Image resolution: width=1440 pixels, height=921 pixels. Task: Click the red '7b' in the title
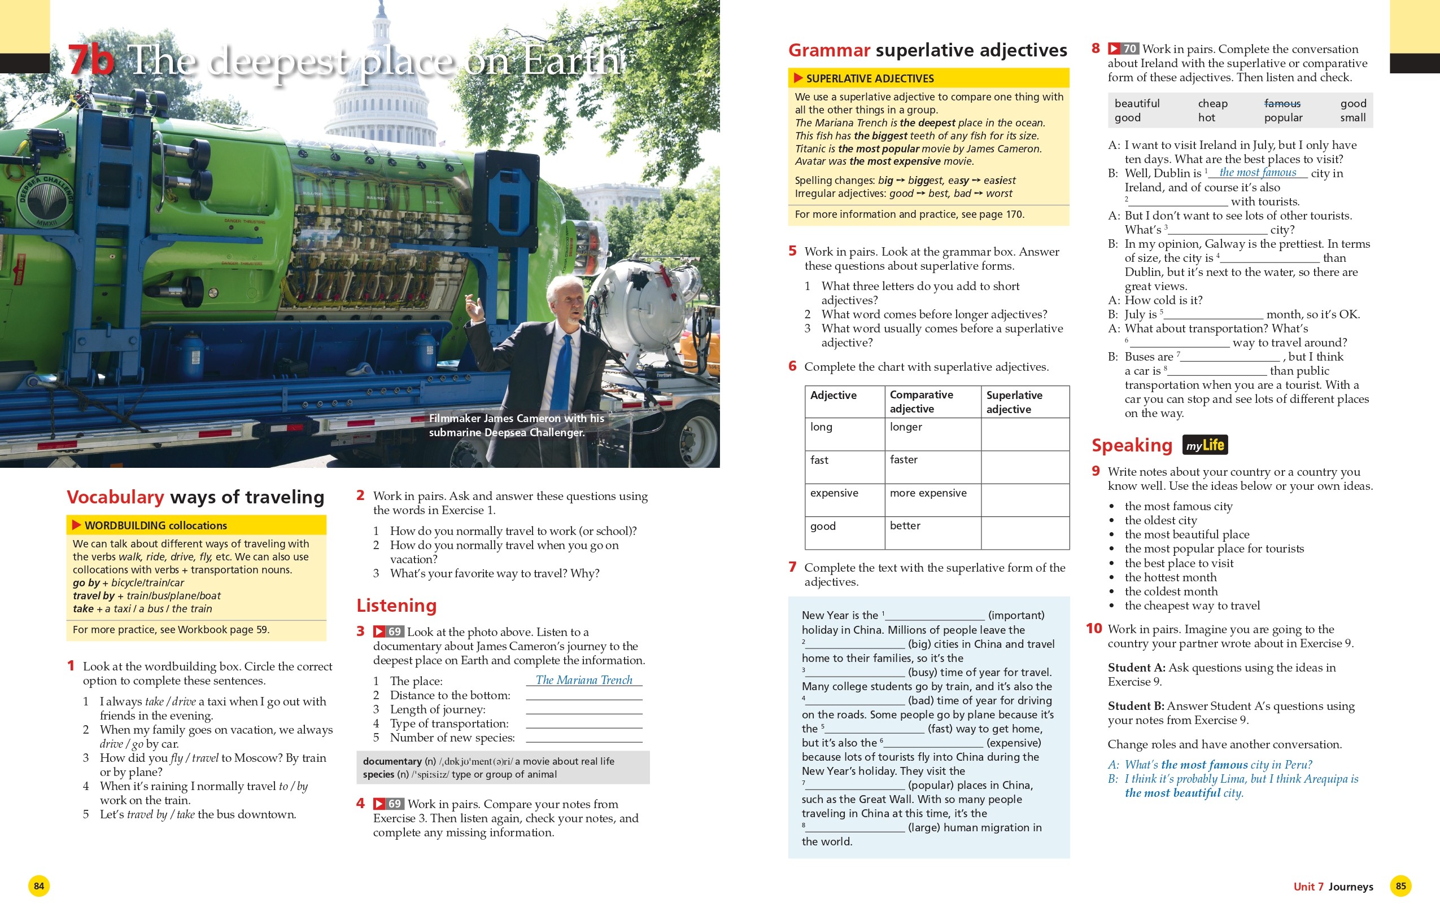(90, 60)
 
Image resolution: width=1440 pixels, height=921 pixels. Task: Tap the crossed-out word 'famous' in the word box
(1282, 103)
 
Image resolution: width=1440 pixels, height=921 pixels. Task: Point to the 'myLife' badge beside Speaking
(1205, 445)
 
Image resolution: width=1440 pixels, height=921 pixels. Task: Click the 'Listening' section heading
(396, 605)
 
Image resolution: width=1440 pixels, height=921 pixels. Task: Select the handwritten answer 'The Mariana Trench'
(584, 680)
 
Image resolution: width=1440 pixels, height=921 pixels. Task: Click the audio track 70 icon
(1122, 49)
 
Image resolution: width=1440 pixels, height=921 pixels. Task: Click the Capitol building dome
(381, 72)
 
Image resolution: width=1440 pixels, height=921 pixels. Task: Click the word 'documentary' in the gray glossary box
(392, 761)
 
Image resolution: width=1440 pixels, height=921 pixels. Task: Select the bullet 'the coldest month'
(1171, 591)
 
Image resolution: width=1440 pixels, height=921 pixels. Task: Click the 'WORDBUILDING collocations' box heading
(155, 525)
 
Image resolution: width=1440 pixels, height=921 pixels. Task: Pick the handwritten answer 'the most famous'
(1258, 173)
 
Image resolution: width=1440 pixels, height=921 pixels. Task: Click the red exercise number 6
(793, 366)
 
